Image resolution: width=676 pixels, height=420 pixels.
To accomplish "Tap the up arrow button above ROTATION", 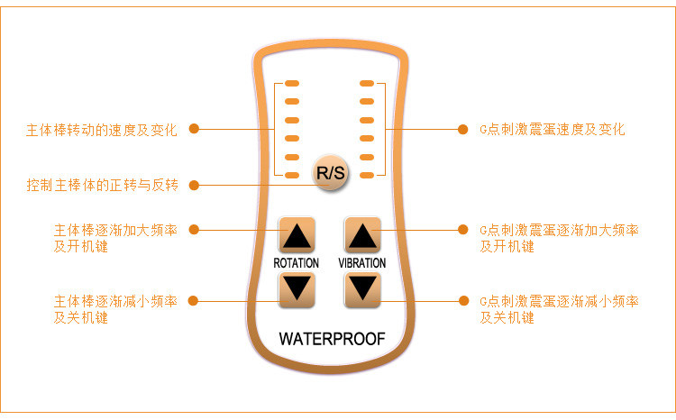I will pyautogui.click(x=297, y=236).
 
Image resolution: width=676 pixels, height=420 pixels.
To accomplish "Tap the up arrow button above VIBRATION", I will pyautogui.click(x=362, y=236).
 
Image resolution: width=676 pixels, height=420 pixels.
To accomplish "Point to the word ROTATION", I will pyautogui.click(x=297, y=263).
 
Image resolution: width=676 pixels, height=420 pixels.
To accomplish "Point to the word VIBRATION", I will pyautogui.click(x=362, y=263).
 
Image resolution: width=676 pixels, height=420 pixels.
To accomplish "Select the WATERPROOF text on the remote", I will pyautogui.click(x=331, y=340).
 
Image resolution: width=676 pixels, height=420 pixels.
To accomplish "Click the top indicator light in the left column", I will pyautogui.click(x=292, y=84).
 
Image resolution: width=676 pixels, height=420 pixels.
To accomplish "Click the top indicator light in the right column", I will pyautogui.click(x=367, y=84).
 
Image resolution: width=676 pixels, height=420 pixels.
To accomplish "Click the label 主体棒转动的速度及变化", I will pyautogui.click(x=101, y=129).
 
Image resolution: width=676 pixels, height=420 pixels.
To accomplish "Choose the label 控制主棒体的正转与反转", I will pyautogui.click(x=102, y=186).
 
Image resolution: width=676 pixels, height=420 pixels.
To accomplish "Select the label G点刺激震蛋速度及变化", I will pyautogui.click(x=552, y=129).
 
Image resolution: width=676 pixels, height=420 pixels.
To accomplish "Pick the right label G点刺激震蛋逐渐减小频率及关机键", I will pyautogui.click(x=559, y=309).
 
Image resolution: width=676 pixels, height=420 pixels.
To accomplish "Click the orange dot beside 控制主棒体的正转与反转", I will pyautogui.click(x=194, y=186).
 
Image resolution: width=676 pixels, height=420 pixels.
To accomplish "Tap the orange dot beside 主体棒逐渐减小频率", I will pyautogui.click(x=194, y=300).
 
